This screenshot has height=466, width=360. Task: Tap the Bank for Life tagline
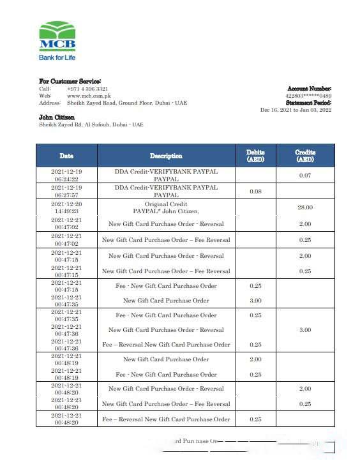(57, 57)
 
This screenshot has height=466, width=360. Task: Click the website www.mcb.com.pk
(87, 96)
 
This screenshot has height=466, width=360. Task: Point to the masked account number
(308, 96)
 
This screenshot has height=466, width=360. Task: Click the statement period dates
(296, 110)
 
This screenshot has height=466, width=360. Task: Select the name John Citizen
(57, 117)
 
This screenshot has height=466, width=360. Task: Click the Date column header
(66, 156)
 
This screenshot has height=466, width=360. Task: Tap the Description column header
(166, 156)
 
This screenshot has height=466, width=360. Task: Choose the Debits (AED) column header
(255, 156)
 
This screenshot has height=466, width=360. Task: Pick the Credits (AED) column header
(305, 156)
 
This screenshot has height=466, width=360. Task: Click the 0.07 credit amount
(305, 176)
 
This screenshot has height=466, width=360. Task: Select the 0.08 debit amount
(255, 191)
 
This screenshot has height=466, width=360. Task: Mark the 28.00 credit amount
(305, 207)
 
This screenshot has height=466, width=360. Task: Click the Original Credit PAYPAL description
(166, 207)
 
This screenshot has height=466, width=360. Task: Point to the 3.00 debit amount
(255, 301)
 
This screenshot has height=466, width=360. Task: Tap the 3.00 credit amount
(305, 330)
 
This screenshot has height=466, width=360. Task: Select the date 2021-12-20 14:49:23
(66, 207)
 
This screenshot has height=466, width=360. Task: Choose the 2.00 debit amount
(255, 359)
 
